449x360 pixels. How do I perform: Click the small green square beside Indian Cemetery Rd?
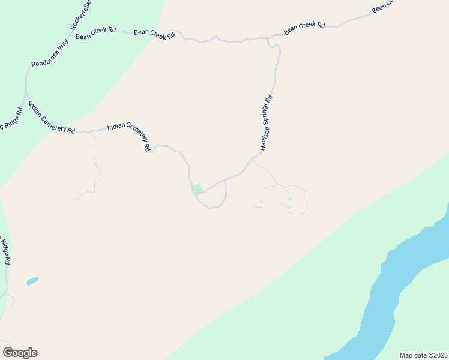pos(197,189)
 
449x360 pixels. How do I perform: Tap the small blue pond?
pos(32,281)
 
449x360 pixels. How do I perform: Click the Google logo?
pos(20,353)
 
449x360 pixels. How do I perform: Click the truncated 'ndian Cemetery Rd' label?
pos(52,119)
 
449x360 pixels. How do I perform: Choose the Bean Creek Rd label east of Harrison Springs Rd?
pos(304,28)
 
